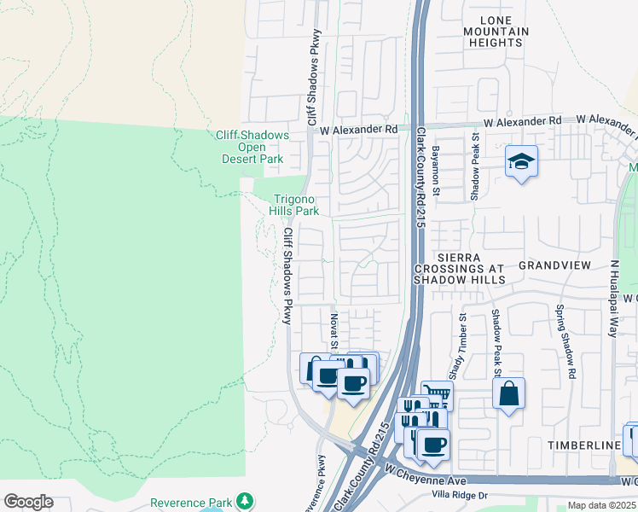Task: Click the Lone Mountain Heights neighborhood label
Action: (492, 31)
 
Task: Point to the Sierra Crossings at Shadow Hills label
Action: (460, 268)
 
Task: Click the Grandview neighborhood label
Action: (554, 265)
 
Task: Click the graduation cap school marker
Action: (520, 160)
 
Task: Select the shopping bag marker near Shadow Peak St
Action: (508, 393)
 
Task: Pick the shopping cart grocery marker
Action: (437, 393)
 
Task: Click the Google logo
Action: (28, 502)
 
